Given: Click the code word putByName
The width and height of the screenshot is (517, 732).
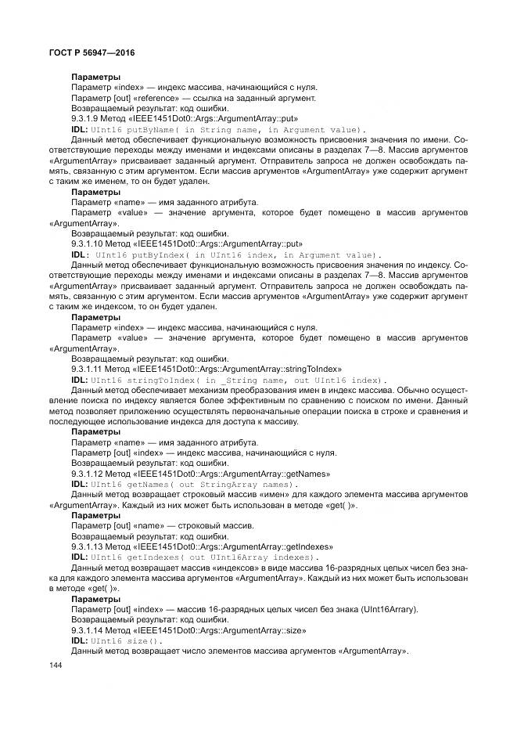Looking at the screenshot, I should tap(146, 129).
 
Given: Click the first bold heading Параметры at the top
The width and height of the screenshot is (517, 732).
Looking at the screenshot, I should tap(95, 77).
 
